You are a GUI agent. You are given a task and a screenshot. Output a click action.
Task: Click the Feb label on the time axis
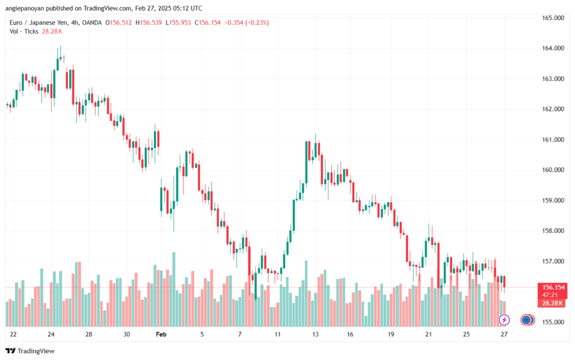click(x=161, y=334)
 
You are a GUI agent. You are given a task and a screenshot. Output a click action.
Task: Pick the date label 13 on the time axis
click(x=316, y=334)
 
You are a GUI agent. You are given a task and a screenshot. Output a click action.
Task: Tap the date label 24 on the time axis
click(x=51, y=334)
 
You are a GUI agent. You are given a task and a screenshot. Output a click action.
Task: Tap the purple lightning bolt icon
click(x=504, y=320)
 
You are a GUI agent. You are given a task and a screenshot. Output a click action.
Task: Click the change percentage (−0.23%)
click(x=254, y=22)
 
